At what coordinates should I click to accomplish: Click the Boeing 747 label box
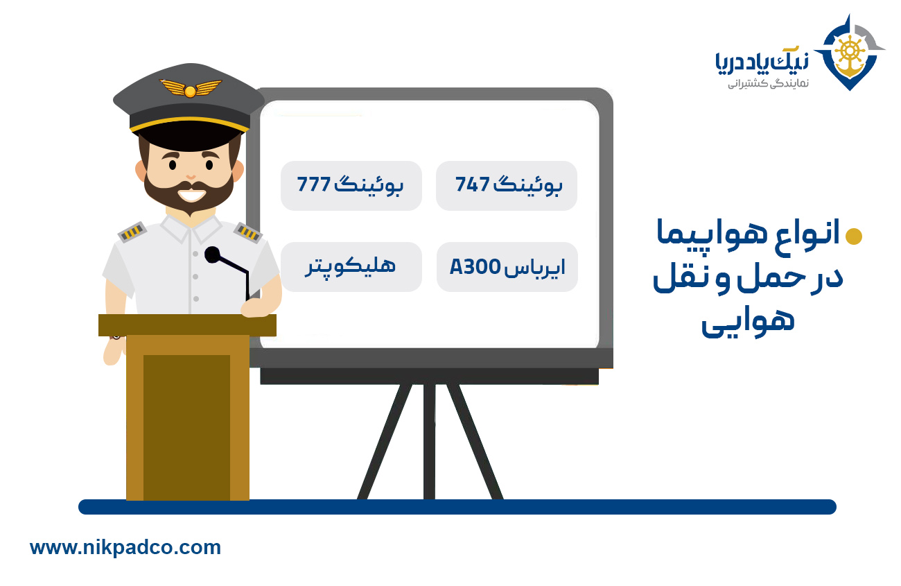pos(506,186)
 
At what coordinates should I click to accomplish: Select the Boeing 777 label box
pos(351,186)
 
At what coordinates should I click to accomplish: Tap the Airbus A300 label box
pos(507,267)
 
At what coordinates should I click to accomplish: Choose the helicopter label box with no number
pos(351,267)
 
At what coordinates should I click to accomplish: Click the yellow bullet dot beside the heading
pos(855,236)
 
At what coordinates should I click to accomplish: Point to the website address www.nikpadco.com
pos(125,547)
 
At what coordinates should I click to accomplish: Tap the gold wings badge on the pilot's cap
pos(190,89)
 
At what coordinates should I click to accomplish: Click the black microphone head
pos(212,255)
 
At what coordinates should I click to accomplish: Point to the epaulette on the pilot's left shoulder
pos(247,232)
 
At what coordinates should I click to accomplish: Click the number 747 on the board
pos(473,186)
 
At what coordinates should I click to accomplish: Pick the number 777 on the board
pos(313,186)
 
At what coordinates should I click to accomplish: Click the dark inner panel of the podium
pos(186,423)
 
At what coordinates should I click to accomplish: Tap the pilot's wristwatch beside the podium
pos(115,336)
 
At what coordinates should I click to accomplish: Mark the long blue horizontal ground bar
pos(457,507)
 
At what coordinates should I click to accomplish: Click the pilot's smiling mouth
pos(189,193)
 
